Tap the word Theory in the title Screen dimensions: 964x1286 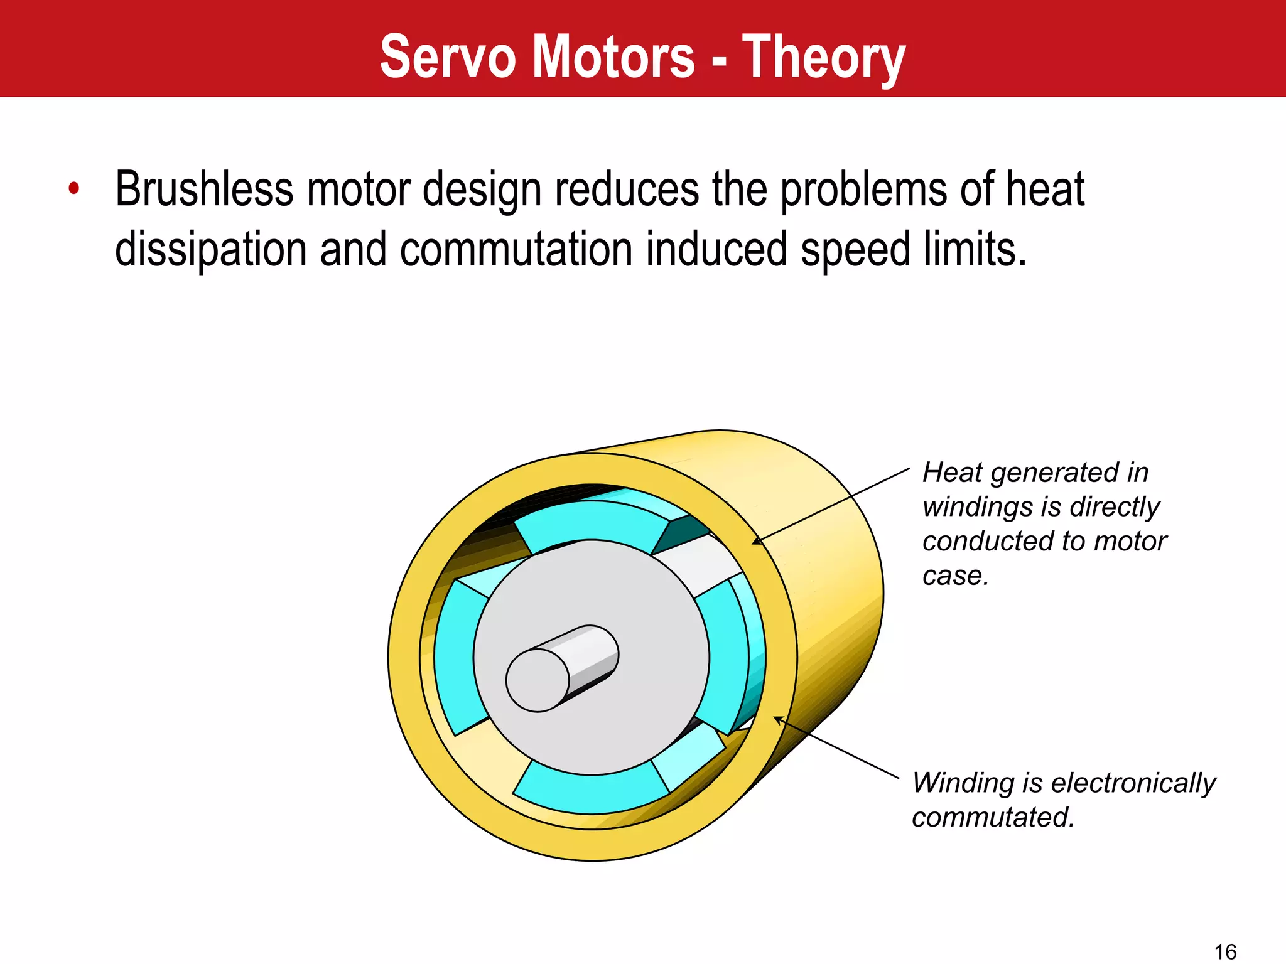pyautogui.click(x=824, y=58)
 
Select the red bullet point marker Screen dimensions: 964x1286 pyautogui.click(x=74, y=188)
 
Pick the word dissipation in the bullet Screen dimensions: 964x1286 pyautogui.click(x=210, y=250)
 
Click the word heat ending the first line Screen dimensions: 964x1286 pyautogui.click(x=1046, y=189)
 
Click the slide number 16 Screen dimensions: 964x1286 pyautogui.click(x=1225, y=951)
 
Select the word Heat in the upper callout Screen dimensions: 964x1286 pyautogui.click(x=951, y=473)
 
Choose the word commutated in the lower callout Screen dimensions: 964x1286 pyautogui.click(x=993, y=817)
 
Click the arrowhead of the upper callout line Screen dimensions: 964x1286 pyautogui.click(x=756, y=542)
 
